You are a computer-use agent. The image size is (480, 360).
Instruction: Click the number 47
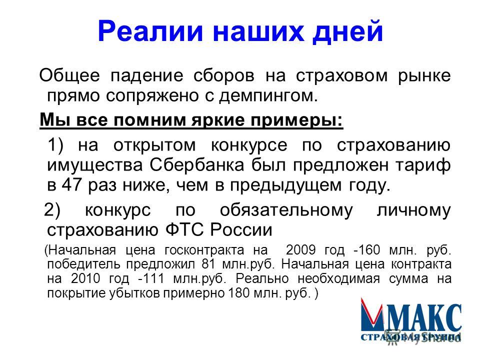[x=72, y=185]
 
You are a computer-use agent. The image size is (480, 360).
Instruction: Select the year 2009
[x=301, y=250]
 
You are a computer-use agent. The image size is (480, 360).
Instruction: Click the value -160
[x=366, y=250]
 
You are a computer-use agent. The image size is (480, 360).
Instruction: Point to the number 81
[x=208, y=264]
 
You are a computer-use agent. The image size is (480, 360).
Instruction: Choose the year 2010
[x=85, y=278]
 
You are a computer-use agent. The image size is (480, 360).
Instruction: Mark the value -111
[x=151, y=278]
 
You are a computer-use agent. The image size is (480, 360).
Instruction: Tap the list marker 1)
[x=55, y=145]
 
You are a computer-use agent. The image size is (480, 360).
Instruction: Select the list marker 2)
[x=52, y=210]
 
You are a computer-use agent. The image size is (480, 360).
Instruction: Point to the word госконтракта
[x=204, y=250]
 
